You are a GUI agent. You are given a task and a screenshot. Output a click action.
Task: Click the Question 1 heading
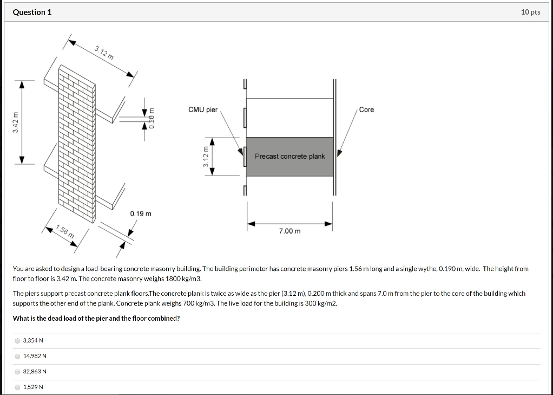32,12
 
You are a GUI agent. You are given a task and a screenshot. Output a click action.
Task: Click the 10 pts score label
530,12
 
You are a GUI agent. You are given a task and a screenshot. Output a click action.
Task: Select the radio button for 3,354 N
18,340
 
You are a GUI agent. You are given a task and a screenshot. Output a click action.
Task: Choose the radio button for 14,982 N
18,356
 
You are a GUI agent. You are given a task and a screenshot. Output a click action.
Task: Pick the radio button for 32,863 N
18,372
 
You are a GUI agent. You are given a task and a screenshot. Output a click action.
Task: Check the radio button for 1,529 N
18,387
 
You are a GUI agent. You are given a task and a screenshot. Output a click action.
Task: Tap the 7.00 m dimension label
289,231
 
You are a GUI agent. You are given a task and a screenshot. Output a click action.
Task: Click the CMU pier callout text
202,109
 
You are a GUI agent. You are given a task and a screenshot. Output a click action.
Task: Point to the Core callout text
366,109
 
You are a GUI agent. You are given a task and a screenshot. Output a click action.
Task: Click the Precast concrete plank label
289,157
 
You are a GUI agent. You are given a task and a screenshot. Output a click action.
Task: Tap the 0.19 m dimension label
140,214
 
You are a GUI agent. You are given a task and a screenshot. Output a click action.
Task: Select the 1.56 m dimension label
65,231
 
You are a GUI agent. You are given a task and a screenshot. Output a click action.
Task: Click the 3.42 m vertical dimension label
17,122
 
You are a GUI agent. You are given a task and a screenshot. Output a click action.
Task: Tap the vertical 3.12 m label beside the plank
205,157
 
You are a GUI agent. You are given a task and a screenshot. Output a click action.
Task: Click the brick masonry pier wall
77,141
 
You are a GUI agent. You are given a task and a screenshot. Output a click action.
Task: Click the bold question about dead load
96,319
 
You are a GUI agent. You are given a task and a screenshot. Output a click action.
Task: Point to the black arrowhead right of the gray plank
339,153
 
